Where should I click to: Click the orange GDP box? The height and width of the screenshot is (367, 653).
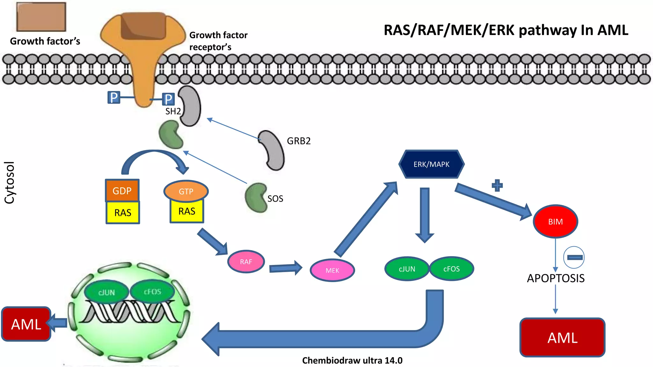coord(122,191)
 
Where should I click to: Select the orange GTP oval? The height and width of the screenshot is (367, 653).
coord(186,191)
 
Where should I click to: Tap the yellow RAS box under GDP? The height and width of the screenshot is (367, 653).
coord(123,212)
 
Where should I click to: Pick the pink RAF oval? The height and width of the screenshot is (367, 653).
coord(246,262)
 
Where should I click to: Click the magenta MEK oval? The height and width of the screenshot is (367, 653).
coord(332,270)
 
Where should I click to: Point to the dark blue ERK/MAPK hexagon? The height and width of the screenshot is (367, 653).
coord(431,164)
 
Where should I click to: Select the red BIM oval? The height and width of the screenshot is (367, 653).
coord(555,221)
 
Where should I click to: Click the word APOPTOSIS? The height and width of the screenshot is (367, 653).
coord(555,278)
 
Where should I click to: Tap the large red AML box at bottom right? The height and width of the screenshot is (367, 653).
coord(562,337)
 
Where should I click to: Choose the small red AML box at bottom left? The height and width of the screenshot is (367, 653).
coord(26,324)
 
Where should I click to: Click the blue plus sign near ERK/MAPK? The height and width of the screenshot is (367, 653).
coord(497,185)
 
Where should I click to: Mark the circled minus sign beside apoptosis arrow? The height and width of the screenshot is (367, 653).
coord(574,257)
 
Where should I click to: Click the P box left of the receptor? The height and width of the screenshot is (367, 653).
coord(114,97)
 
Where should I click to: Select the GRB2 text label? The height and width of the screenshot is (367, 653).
coord(298,141)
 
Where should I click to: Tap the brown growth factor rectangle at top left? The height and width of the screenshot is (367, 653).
coord(41,17)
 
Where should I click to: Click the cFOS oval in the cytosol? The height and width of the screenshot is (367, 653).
coord(451,269)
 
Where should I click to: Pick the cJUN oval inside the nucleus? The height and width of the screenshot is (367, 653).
coord(106,292)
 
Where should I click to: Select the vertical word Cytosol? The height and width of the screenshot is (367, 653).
coord(10,182)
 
